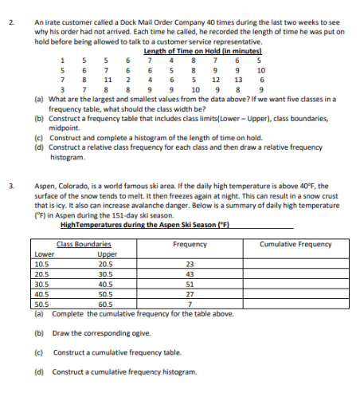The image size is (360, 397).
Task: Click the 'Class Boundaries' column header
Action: click(x=82, y=242)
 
